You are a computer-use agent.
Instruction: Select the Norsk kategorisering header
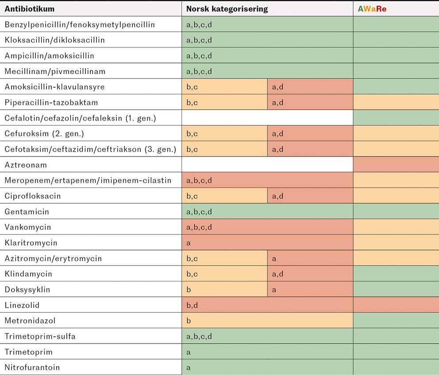[x=227, y=9]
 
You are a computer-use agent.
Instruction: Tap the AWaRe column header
[x=372, y=9]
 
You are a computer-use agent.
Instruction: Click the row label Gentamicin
[x=27, y=211]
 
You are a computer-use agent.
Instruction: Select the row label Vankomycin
[x=28, y=227]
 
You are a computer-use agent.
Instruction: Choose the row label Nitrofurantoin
[x=32, y=367]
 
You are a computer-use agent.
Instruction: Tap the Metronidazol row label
[x=30, y=321]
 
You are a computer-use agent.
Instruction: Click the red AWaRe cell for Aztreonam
[x=396, y=165]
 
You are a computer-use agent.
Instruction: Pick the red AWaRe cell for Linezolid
[x=396, y=305]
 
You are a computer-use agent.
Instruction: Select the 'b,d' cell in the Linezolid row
[x=267, y=305]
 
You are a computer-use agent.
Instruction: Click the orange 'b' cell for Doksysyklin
[x=224, y=290]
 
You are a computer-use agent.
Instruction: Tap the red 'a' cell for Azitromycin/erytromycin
[x=310, y=258]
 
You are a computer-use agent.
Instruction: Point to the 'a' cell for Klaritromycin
[x=267, y=243]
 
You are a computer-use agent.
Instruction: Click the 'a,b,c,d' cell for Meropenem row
[x=267, y=180]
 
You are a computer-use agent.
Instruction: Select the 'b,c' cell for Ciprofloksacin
[x=224, y=196]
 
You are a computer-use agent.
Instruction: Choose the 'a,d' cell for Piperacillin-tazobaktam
[x=310, y=102]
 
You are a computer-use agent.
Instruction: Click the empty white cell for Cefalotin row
[x=267, y=118]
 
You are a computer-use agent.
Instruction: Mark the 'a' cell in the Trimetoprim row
[x=267, y=352]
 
